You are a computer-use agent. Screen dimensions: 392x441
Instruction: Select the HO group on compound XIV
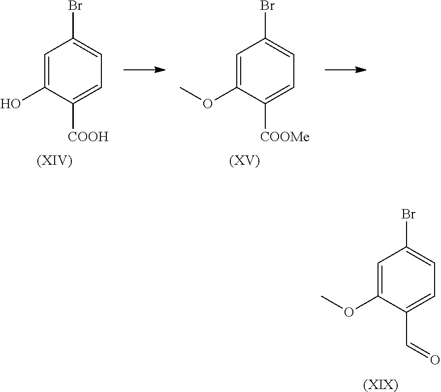tap(10, 104)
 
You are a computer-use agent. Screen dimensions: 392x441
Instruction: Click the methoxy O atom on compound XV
tap(208, 104)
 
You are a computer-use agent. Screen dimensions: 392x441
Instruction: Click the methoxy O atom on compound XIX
tap(348, 312)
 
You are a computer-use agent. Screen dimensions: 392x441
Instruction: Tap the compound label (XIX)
tap(380, 385)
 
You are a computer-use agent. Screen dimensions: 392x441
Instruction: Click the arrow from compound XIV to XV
tap(144, 70)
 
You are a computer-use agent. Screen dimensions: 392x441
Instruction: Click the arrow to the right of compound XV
tap(345, 70)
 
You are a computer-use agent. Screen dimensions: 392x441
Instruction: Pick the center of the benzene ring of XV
tap(266, 71)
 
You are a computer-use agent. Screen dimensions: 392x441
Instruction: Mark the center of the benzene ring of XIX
tap(407, 279)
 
